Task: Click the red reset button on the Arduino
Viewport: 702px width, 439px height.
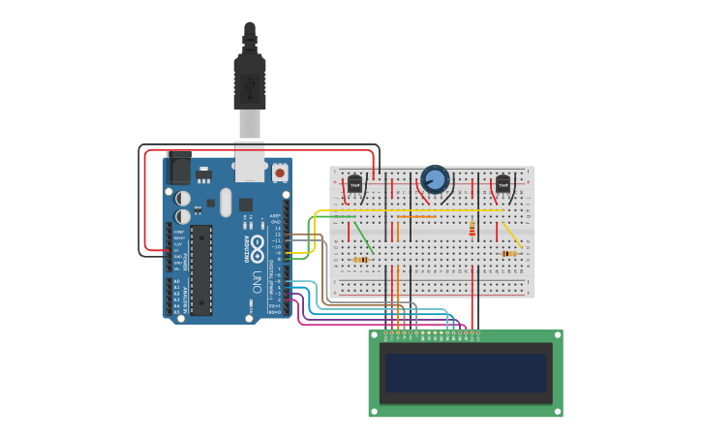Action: (280, 172)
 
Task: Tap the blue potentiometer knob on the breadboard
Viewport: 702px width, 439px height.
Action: (436, 179)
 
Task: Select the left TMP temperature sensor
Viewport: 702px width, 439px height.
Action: (355, 183)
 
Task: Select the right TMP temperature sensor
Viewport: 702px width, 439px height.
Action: (503, 183)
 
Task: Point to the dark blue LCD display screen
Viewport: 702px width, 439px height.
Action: (466, 373)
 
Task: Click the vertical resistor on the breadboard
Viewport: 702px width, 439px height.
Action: (472, 230)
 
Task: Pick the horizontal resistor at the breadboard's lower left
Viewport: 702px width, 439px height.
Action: (362, 260)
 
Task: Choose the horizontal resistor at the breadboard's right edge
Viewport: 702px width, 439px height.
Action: (509, 254)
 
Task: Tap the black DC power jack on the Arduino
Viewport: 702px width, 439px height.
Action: (180, 171)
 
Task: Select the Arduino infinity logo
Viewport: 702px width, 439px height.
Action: (258, 241)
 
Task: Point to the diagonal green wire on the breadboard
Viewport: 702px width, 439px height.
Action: (362, 237)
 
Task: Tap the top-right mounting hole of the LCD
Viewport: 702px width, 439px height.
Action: (557, 336)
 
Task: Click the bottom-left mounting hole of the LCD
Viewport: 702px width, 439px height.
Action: (375, 411)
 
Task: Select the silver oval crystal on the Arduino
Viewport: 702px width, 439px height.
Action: (226, 203)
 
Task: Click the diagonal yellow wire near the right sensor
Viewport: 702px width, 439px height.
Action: (512, 235)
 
